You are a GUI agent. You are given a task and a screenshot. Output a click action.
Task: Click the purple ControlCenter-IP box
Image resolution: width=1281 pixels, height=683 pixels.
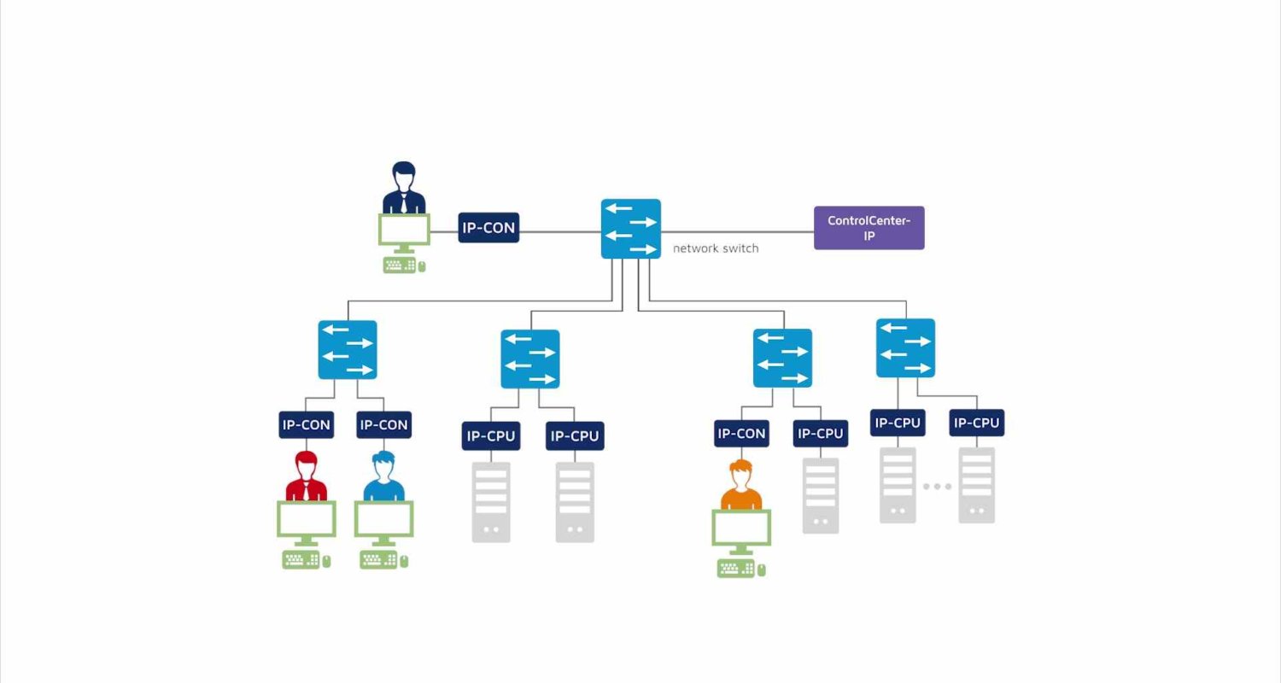[x=869, y=227]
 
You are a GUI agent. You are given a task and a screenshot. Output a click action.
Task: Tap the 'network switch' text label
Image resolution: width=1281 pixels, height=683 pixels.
[x=716, y=248]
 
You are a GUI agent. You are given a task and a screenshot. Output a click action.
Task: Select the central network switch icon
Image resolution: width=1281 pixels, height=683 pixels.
[x=631, y=229]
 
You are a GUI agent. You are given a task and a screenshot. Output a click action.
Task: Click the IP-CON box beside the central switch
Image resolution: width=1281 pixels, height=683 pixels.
[x=488, y=227]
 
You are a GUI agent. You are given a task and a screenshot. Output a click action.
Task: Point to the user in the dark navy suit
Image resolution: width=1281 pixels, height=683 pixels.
[x=404, y=188]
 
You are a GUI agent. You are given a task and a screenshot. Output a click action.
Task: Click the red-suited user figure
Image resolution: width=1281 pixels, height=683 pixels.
[x=306, y=476]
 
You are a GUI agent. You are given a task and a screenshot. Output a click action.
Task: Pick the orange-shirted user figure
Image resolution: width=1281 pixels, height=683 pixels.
[x=741, y=485]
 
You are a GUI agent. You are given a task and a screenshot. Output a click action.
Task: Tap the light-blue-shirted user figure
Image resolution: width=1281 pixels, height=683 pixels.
[x=383, y=476]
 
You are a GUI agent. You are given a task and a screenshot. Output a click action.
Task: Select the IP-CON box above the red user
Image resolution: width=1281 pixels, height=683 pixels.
[x=306, y=424]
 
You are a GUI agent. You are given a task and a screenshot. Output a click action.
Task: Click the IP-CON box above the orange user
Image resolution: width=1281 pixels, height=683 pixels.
[x=741, y=433]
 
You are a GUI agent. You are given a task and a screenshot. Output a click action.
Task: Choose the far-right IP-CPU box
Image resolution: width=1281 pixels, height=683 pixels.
[x=976, y=423]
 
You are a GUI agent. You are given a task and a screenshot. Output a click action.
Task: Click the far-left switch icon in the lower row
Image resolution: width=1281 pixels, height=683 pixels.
[x=347, y=349]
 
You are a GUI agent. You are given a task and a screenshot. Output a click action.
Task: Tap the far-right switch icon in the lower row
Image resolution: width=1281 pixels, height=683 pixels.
[x=905, y=347]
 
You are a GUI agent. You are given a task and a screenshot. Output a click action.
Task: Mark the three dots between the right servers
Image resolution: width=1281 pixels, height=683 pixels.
[x=937, y=487]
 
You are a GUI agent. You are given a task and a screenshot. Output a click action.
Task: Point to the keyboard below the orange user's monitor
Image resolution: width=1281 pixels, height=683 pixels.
[x=736, y=569]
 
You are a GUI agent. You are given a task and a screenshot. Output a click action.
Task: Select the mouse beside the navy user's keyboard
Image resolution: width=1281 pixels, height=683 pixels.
[x=422, y=266]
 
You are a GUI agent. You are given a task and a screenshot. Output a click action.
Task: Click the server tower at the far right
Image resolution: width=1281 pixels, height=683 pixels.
[x=976, y=485]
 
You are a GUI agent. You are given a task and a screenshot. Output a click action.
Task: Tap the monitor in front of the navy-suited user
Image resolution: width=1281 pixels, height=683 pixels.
[x=404, y=233]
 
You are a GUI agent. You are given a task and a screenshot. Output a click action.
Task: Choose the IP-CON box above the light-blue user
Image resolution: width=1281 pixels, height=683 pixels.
[x=383, y=424]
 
